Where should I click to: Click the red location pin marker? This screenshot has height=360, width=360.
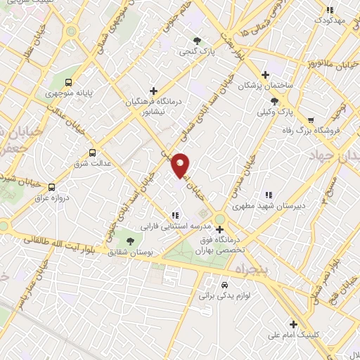pos(181,165)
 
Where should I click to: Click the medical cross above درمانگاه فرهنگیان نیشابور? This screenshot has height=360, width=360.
pos(153,91)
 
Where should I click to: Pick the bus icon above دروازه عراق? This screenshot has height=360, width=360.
pos(51,187)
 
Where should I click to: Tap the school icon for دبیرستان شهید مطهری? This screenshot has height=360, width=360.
pos(268,195)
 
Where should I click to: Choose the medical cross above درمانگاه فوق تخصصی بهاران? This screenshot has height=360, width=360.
pos(220,229)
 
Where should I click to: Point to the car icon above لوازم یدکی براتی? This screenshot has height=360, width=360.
pos(224,285)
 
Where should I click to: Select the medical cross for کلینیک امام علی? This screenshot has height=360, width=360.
pos(293,324)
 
